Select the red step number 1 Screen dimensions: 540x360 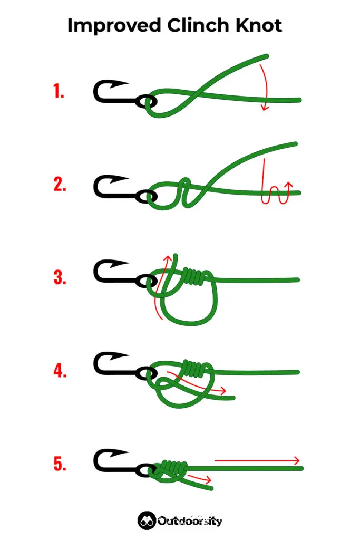(59, 92)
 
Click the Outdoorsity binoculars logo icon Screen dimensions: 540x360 (146, 520)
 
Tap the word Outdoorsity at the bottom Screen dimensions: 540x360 (190, 521)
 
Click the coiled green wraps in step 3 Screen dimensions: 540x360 (196, 276)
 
